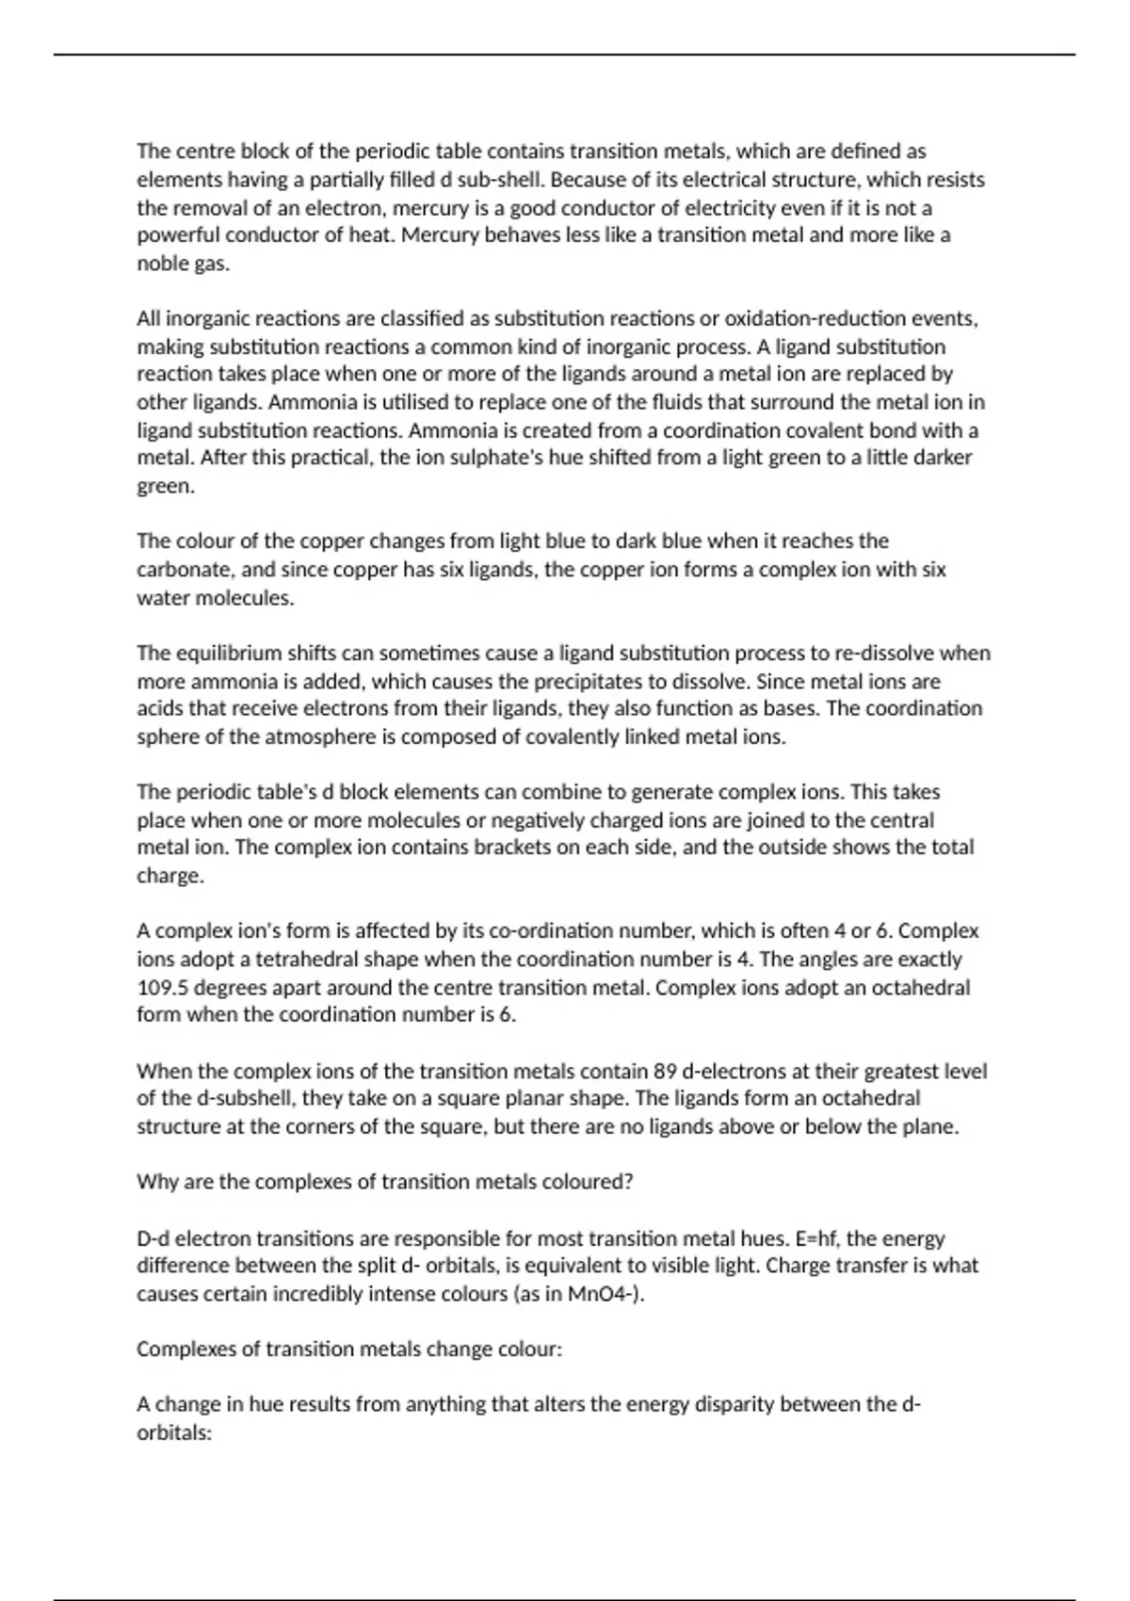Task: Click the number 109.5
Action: pos(163,988)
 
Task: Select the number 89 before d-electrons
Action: pos(664,1071)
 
